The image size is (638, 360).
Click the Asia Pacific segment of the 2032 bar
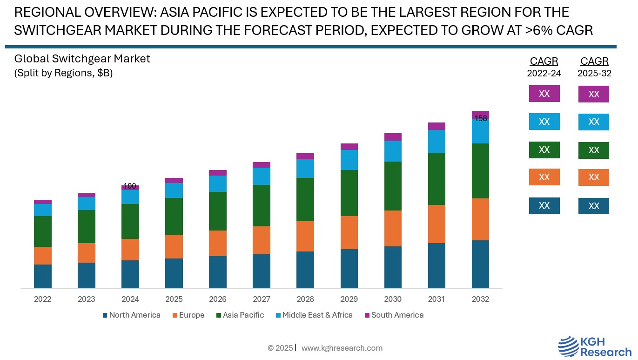pos(480,171)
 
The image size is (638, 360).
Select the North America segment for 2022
pos(43,276)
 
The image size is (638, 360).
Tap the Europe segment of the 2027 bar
pos(262,240)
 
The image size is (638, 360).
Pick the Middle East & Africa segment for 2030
pos(393,151)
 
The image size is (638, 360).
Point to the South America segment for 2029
pos(349,147)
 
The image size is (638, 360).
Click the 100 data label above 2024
pos(130,186)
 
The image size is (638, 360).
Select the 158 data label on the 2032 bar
pos(481,119)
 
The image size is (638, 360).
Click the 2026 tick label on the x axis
pos(218,299)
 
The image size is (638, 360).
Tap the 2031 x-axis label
pos(437,299)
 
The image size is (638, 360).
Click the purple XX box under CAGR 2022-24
pos(544,94)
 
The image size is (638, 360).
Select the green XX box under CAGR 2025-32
pos(593,150)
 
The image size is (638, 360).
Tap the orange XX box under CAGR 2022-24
pos(544,177)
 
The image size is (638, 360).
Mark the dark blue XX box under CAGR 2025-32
pos(593,206)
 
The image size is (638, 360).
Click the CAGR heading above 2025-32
pos(594,61)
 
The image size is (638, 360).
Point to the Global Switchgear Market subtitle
pos(82,59)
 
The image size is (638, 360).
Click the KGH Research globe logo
pos(568,347)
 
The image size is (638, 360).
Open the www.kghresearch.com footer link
pos(342,348)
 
